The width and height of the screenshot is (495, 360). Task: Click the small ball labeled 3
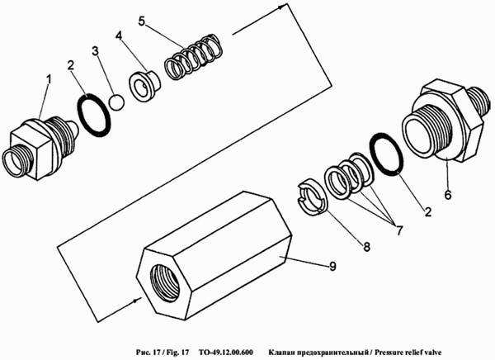pos(117,100)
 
